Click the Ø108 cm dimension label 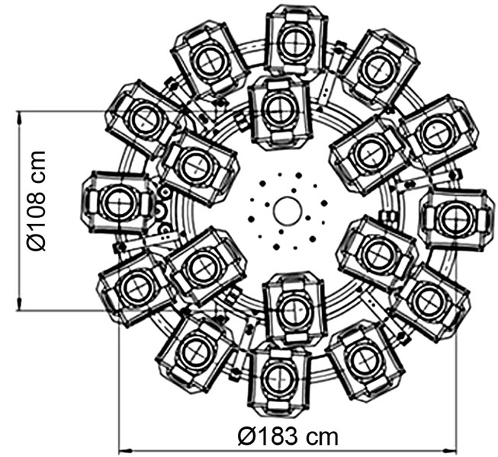click(x=37, y=201)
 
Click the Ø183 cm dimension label click(x=288, y=436)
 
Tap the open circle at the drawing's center click(x=287, y=210)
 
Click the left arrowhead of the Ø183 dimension click(x=125, y=450)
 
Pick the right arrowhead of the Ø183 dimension click(x=449, y=450)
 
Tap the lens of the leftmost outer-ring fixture click(x=119, y=202)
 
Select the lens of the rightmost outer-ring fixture click(x=456, y=219)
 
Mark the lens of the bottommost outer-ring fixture click(x=279, y=378)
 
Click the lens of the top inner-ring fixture click(x=280, y=108)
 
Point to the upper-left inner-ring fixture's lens click(x=197, y=165)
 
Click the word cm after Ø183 click(x=322, y=437)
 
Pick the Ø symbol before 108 click(x=37, y=242)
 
